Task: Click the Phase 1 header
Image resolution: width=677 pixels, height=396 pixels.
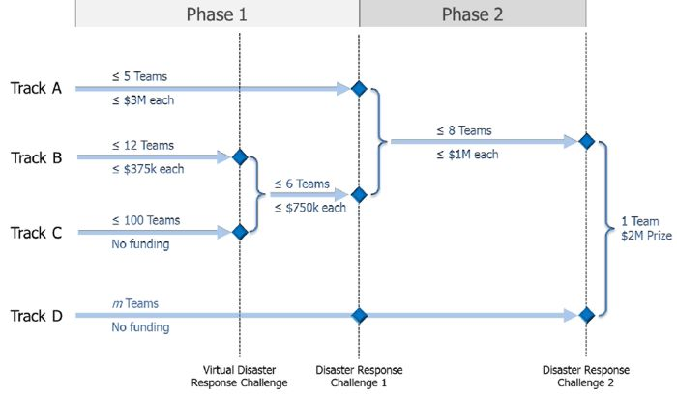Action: click(217, 14)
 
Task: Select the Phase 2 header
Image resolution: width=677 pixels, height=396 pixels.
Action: click(472, 14)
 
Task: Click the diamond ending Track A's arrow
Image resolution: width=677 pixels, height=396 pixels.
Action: click(359, 89)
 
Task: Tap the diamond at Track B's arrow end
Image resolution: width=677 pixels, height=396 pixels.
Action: click(240, 157)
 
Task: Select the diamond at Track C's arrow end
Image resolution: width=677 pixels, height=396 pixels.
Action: click(240, 232)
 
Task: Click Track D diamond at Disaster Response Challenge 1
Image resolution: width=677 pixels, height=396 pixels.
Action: click(359, 315)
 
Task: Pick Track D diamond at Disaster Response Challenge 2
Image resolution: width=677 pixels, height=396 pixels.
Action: click(585, 315)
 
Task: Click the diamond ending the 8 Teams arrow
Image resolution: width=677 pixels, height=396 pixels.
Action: click(585, 141)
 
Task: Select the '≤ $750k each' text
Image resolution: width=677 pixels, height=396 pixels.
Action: click(309, 207)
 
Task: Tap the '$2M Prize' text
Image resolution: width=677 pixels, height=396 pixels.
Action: click(639, 238)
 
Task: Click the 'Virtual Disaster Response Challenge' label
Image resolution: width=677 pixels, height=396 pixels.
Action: click(239, 376)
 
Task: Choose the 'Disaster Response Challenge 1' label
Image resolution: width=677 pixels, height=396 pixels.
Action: click(359, 376)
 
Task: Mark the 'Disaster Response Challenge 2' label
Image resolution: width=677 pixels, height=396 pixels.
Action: click(586, 376)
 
